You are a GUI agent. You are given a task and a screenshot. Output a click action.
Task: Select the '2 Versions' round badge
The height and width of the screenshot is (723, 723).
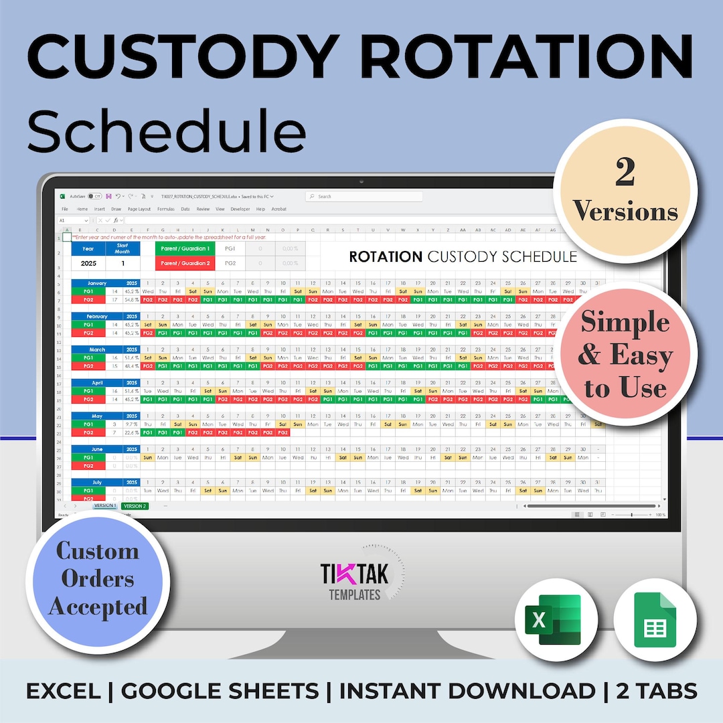625,192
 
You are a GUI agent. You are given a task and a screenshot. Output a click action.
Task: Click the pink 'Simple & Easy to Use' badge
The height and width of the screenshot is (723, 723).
625,355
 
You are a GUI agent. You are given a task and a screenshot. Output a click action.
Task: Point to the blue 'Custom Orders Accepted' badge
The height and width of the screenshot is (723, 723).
98,579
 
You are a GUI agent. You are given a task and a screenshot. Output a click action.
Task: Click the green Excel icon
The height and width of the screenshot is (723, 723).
548,620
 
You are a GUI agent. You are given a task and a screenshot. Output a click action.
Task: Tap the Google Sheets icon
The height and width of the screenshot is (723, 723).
646,620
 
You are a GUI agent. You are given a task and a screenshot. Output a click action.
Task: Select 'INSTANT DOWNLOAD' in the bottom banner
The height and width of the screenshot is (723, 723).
467,690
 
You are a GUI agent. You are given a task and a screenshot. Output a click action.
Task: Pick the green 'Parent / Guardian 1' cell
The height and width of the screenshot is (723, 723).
185,248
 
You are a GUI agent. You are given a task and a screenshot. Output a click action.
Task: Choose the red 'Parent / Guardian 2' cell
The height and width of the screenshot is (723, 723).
185,263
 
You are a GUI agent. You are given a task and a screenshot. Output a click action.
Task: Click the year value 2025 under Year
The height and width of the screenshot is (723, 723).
88,263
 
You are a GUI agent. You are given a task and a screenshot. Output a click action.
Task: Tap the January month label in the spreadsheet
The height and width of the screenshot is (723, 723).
97,283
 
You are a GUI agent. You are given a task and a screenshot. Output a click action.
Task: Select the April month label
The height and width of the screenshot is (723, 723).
97,383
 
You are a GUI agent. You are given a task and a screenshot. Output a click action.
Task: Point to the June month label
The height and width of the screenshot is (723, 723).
97,449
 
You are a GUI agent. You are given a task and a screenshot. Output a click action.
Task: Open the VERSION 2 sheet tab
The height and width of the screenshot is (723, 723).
134,506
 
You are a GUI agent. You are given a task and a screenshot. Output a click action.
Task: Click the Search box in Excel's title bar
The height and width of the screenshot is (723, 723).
364,196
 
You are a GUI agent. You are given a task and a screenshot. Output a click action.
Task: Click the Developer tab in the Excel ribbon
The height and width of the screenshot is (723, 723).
240,209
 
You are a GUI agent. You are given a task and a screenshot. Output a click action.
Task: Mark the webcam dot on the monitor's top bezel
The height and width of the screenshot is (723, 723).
361,181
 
